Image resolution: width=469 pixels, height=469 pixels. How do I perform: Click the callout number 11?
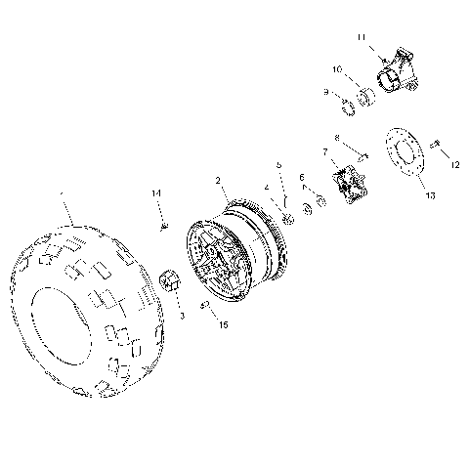[362, 37]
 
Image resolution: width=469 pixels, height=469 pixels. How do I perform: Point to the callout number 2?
[219, 180]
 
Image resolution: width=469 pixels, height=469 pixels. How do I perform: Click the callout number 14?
[155, 194]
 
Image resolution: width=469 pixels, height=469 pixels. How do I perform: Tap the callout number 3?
[181, 317]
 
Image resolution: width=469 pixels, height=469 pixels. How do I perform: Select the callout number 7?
[325, 152]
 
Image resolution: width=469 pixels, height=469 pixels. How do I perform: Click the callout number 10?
[337, 70]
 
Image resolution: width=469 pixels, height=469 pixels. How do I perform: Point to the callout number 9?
[326, 92]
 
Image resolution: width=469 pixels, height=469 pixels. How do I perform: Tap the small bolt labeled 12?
[436, 146]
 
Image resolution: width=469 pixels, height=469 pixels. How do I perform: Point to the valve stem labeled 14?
[163, 226]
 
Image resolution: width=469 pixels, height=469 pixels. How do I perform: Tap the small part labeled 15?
[205, 305]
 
